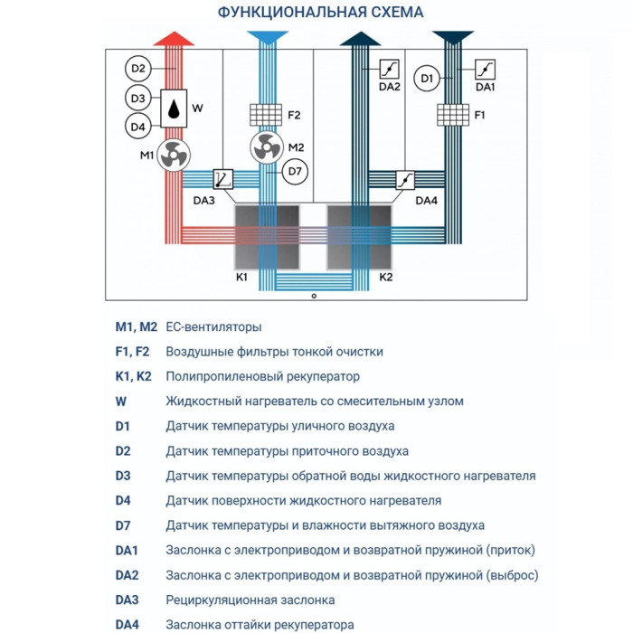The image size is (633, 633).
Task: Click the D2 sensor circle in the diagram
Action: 138,69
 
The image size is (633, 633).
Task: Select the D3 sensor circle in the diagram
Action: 138,99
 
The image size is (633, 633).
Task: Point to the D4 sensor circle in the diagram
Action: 138,128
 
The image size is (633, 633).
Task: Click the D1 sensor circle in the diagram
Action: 429,80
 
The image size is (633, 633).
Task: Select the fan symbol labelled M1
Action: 172,156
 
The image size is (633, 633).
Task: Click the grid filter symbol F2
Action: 267,115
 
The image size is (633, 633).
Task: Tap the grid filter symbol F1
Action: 453,115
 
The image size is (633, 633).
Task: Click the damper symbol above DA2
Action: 389,69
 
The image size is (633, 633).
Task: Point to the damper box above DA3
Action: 223,179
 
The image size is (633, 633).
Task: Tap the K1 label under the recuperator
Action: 241,276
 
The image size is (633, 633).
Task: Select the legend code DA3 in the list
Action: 127,600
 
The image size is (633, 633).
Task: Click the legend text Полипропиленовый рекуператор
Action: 262,376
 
